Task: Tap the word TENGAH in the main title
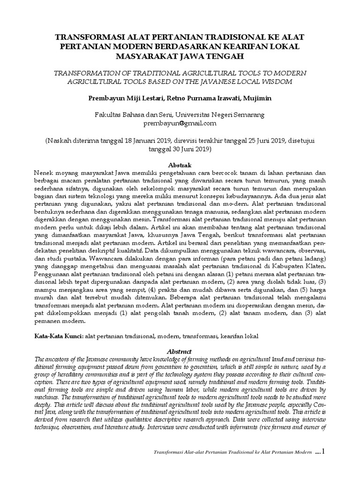point(213,57)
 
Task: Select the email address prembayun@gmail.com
point(180,123)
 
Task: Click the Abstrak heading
point(180,165)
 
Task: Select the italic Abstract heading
point(180,351)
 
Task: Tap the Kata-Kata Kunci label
point(59,336)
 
